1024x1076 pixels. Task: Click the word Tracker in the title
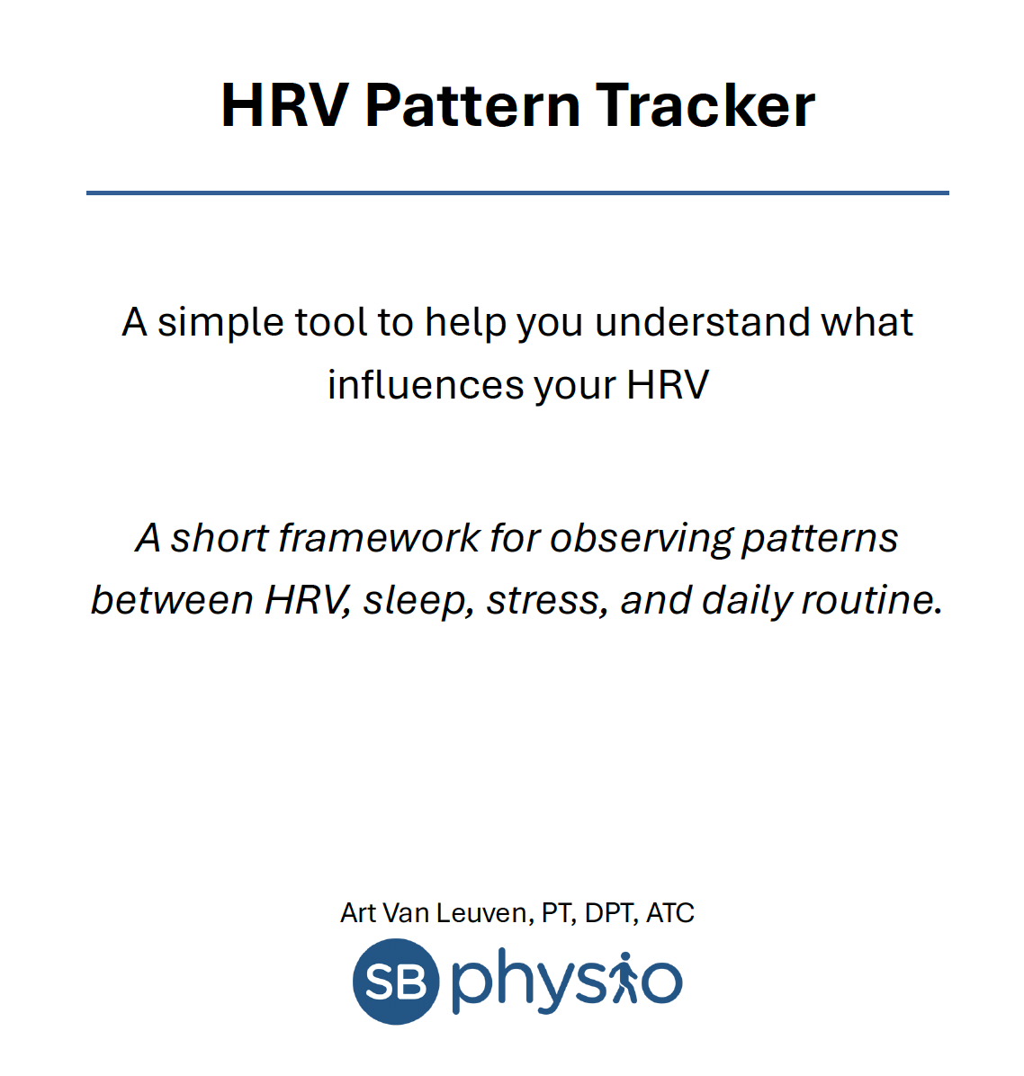705,105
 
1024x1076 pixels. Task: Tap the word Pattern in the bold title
472,105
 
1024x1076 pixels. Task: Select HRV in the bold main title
284,105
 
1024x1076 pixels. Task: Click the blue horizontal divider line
517,193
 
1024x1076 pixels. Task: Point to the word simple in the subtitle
211,322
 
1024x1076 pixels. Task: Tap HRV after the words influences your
668,385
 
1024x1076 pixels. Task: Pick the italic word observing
642,538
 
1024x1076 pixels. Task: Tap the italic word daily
743,600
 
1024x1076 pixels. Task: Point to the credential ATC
670,913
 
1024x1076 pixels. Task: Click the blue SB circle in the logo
396,982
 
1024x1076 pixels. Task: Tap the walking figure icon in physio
624,980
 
